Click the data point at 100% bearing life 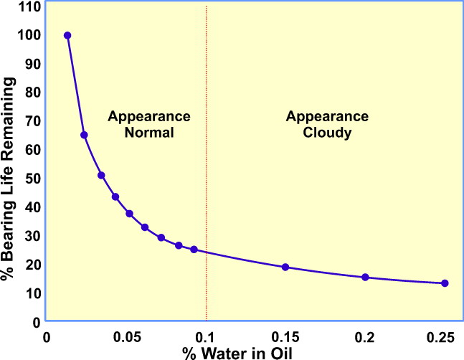[67, 35]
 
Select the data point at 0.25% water [445, 283]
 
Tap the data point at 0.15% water [285, 267]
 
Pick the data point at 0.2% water [365, 278]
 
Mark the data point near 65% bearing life [84, 135]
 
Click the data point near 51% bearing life [101, 175]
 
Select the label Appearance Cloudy [327, 123]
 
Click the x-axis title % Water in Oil [248, 353]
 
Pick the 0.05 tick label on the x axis [127, 336]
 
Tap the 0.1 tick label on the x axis [207, 336]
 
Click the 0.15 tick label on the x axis [285, 336]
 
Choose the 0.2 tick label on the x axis [365, 336]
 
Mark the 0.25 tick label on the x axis [443, 336]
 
